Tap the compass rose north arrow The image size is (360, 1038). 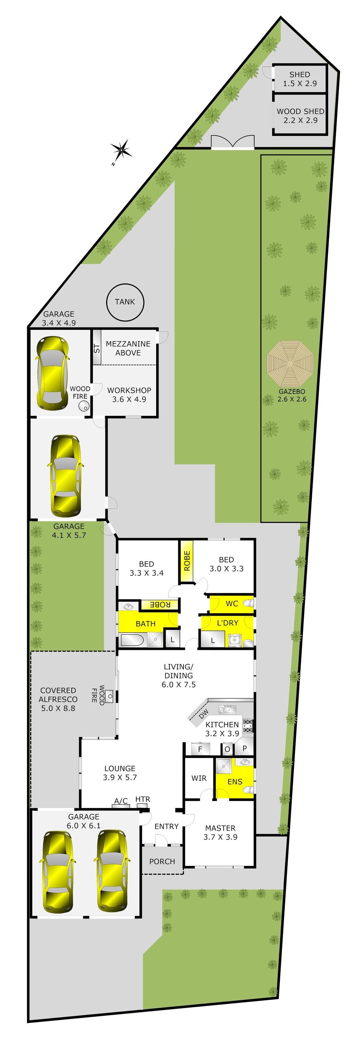(x=121, y=150)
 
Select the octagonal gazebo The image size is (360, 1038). (x=290, y=364)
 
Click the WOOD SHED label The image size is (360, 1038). (x=300, y=111)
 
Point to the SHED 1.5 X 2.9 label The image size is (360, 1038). (x=300, y=79)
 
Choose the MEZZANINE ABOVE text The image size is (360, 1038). (x=128, y=348)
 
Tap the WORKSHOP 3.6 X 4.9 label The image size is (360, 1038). (x=129, y=395)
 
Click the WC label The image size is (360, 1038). (x=232, y=603)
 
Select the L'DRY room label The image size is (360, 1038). (x=227, y=623)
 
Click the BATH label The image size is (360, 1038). (x=146, y=624)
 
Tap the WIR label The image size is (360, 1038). (x=199, y=778)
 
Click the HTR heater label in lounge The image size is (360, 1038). (x=143, y=799)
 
